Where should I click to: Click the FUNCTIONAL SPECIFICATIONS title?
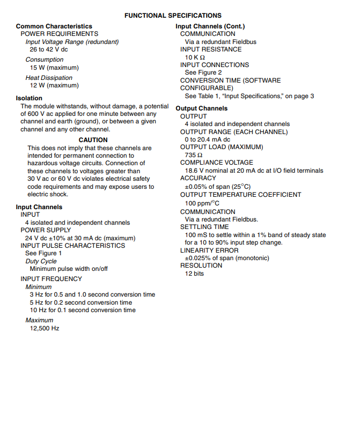[x=173, y=16]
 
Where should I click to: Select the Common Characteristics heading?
[x=54, y=26]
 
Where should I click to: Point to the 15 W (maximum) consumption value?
[x=54, y=68]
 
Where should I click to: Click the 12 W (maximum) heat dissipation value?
[x=54, y=85]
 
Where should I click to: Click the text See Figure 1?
[x=43, y=253]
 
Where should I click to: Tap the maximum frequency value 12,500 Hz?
[x=45, y=328]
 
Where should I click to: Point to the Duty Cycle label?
[x=41, y=261]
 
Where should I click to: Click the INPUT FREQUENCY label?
[x=51, y=279]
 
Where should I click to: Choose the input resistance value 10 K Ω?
[x=195, y=57]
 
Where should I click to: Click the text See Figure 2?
[x=203, y=72]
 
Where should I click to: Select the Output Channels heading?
[x=202, y=108]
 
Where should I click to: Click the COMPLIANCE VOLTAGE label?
[x=216, y=163]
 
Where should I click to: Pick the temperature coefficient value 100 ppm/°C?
[x=202, y=204]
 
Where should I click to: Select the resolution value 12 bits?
[x=194, y=274]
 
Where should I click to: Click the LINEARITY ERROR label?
[x=208, y=250]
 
